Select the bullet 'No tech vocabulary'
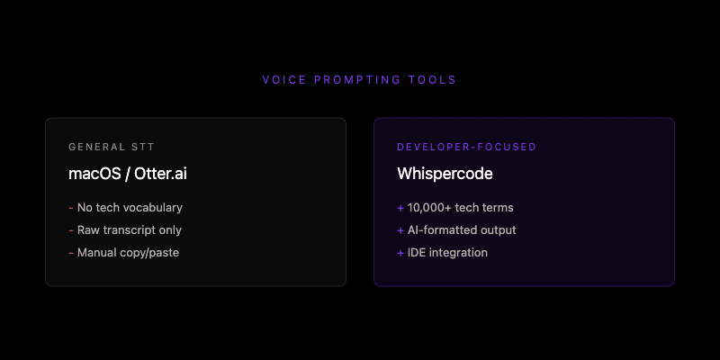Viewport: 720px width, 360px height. pyautogui.click(x=130, y=208)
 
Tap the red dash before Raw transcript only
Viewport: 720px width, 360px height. pyautogui.click(x=71, y=230)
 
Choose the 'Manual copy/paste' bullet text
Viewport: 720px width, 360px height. pyautogui.click(x=128, y=253)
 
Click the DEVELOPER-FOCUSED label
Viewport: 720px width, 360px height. pyautogui.click(x=466, y=147)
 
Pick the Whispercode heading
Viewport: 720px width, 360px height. pyautogui.click(x=445, y=173)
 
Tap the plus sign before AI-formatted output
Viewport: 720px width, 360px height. pyautogui.click(x=400, y=230)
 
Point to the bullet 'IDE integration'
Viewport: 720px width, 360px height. pyautogui.click(x=447, y=253)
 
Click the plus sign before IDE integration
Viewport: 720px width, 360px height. pyautogui.click(x=400, y=253)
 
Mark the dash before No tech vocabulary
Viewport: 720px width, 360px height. pyautogui.click(x=71, y=208)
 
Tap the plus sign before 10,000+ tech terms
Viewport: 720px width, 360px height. pyautogui.click(x=400, y=208)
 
